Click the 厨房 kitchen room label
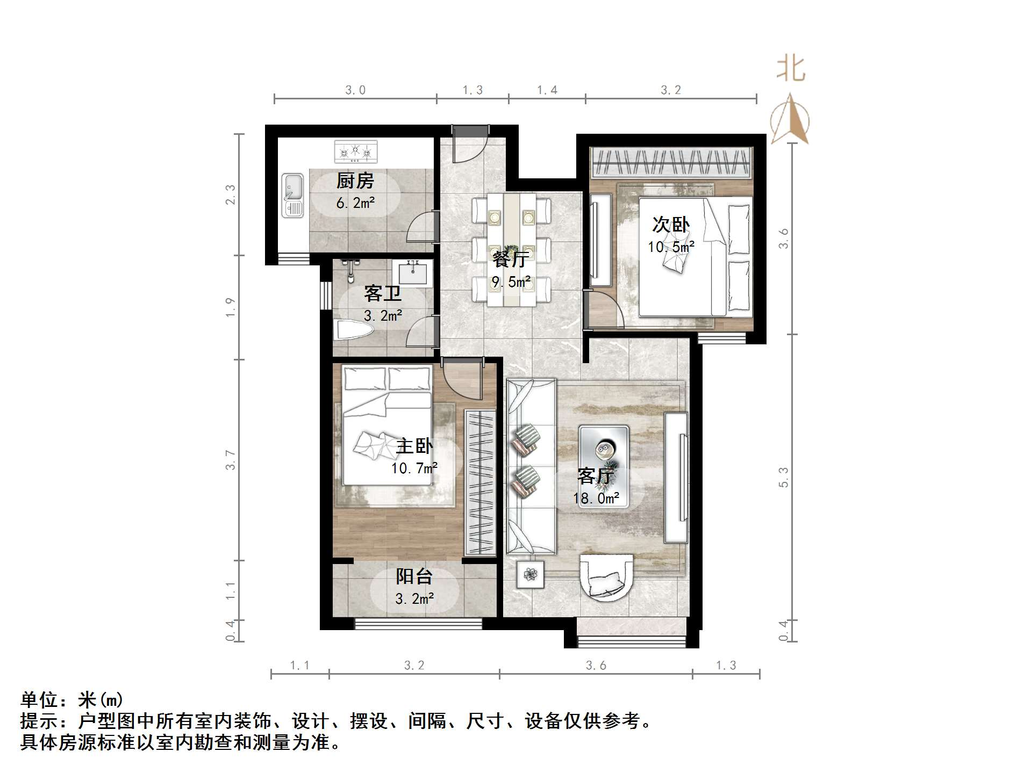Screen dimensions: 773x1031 tap(355, 181)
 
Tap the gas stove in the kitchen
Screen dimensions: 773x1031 tap(355, 151)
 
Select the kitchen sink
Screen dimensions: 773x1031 tap(293, 195)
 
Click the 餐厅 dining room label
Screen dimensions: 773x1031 tap(511, 259)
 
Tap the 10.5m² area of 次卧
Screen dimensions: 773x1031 tap(671, 247)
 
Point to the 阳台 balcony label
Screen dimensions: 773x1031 tap(414, 577)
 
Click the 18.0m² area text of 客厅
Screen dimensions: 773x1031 tap(596, 499)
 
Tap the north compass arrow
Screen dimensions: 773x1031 tap(790, 120)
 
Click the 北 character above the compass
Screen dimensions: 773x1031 tap(791, 69)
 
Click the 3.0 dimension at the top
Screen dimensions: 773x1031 tap(355, 90)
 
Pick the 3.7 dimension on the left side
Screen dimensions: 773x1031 tap(231, 460)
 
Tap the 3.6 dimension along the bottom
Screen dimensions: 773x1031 tap(596, 666)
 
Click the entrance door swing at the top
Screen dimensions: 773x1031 tap(469, 145)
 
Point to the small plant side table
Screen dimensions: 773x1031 tap(531, 574)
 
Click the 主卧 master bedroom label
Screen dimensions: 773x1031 tap(414, 446)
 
